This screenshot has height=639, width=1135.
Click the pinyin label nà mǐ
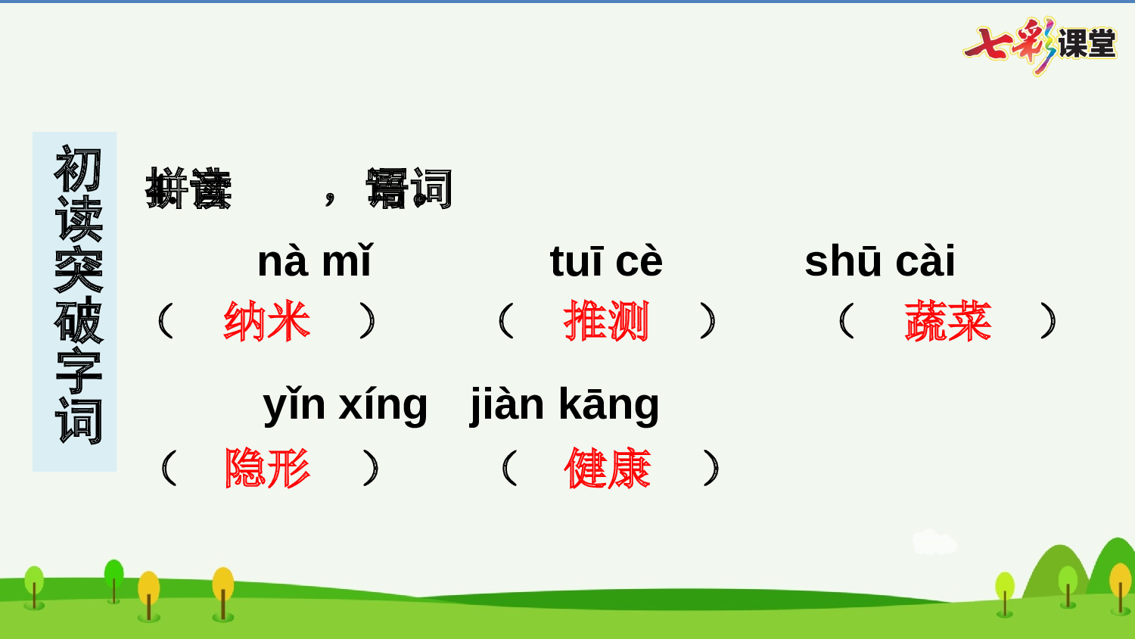point(315,261)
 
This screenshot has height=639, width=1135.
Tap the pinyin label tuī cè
point(606,261)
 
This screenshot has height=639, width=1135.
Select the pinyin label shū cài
point(880,261)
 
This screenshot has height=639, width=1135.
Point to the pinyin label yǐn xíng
point(345,404)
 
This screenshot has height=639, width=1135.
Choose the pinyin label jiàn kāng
point(564,404)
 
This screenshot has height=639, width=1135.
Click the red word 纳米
point(267,321)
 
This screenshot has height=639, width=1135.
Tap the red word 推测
point(607,321)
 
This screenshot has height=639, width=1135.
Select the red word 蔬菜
point(948,321)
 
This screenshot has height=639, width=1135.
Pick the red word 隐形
point(267,468)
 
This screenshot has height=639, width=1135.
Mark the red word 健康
point(608,468)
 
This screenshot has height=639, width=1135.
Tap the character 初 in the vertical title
point(77,169)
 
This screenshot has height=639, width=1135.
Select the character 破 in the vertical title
point(77,320)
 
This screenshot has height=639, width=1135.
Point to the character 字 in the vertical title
point(77,371)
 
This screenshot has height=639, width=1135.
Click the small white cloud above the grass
point(934,542)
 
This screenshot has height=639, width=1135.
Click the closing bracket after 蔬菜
point(1048,320)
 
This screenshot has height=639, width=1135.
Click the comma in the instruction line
point(330,198)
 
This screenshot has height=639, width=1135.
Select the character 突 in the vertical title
point(77,270)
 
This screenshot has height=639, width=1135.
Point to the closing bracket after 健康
point(711,468)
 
